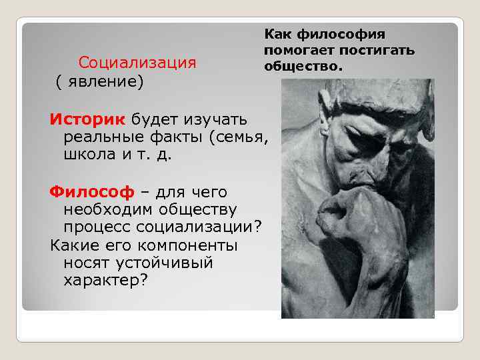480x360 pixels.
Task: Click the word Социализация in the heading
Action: [137, 63]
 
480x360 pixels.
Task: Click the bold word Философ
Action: [92, 192]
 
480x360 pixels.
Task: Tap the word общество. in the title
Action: [303, 66]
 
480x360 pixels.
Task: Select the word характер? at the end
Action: [106, 280]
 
